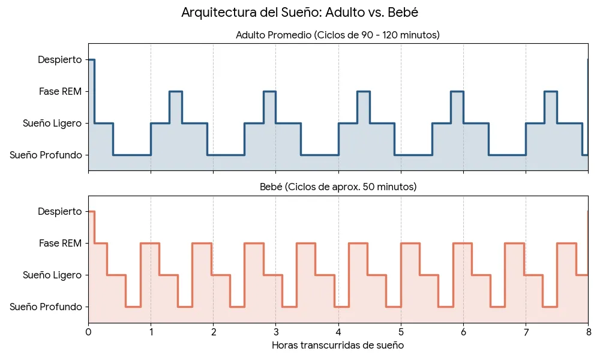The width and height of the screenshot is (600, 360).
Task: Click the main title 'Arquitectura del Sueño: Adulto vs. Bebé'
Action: [299, 13]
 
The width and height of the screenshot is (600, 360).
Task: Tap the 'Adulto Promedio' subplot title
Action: [338, 35]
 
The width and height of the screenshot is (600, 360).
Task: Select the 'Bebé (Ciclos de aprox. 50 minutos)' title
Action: [338, 187]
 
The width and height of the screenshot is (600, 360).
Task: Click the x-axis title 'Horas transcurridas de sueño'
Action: [338, 346]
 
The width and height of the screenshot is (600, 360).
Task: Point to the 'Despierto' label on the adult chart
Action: [59, 59]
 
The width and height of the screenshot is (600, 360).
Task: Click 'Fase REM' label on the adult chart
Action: [60, 91]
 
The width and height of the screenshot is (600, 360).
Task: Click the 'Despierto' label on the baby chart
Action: [59, 211]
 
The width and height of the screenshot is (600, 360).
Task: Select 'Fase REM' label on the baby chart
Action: [60, 243]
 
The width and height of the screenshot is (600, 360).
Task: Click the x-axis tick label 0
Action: [88, 332]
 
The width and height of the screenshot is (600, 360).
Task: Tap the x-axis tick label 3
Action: [275, 332]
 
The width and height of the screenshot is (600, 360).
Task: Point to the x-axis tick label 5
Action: [401, 332]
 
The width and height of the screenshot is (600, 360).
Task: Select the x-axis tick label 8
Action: [588, 332]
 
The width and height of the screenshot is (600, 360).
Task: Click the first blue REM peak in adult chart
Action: [175, 92]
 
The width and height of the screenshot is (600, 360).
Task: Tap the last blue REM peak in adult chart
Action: [550, 92]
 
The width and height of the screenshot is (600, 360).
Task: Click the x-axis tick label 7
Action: [526, 332]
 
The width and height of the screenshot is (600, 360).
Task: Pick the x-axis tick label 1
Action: [151, 332]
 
